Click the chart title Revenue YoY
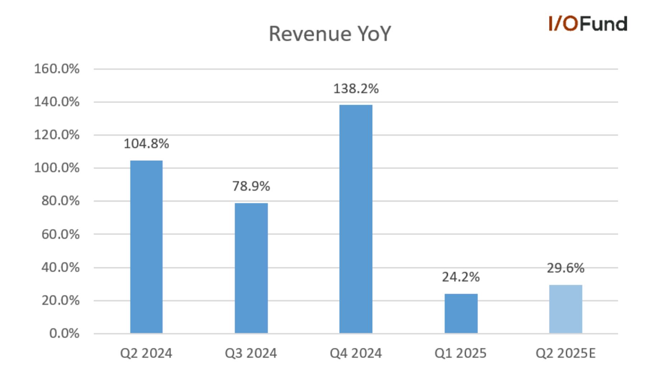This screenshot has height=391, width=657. tap(330, 34)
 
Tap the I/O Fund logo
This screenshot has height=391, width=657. tap(588, 24)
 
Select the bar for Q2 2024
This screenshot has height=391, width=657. tap(146, 247)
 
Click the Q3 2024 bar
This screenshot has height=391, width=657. tap(251, 268)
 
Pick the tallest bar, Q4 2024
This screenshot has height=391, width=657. tap(356, 219)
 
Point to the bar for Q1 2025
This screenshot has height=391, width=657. tap(461, 314)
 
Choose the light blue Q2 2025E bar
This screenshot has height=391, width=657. tap(566, 309)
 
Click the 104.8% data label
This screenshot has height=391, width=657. tap(146, 144)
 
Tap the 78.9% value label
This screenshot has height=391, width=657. tap(251, 186)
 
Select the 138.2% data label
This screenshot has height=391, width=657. tap(356, 89)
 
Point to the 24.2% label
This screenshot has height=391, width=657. tap(461, 277)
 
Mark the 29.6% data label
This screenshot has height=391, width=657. tap(566, 268)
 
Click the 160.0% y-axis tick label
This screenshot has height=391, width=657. tap(57, 69)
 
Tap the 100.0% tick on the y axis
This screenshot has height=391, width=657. tap(57, 168)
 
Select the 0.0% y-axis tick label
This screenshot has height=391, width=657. tap(64, 334)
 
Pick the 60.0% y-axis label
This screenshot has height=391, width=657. tap(61, 235)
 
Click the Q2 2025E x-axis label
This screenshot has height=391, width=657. tap(566, 354)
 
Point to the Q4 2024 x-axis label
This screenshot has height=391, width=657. tap(356, 354)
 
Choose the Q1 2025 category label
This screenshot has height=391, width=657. tap(461, 354)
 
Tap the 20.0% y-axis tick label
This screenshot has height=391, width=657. tap(61, 301)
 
